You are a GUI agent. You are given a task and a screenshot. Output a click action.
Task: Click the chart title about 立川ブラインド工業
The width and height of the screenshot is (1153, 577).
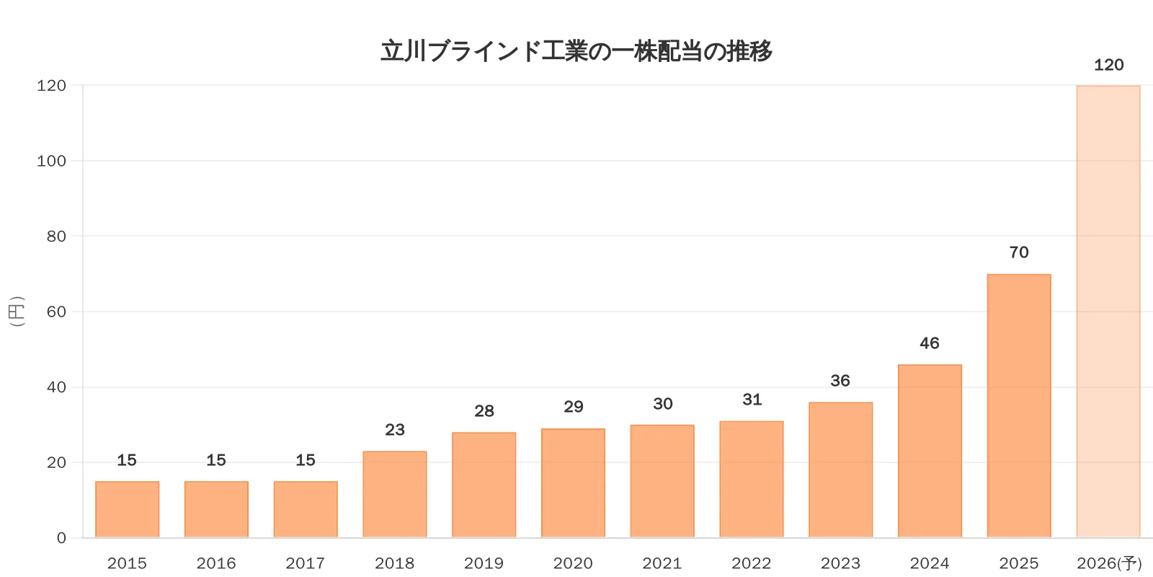576,51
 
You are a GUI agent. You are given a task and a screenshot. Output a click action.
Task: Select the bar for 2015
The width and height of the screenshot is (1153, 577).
127,509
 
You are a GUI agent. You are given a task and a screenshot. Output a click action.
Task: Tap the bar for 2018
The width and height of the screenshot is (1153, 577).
395,494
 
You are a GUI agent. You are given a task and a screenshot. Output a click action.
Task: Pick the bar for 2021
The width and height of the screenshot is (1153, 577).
662,481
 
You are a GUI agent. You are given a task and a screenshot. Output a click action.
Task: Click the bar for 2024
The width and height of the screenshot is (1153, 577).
930,451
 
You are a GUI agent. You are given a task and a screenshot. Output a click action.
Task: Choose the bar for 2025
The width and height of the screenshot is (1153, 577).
1019,405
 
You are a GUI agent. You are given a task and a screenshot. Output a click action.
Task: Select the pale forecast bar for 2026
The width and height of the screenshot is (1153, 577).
1108,312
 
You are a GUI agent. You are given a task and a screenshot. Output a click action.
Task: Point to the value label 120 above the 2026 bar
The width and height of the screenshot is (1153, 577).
1108,66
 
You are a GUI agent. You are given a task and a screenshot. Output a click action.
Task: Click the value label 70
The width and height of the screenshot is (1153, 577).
1019,252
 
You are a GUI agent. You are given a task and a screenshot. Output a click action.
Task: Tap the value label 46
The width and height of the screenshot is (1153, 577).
930,343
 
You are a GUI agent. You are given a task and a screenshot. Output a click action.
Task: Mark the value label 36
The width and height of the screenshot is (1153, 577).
840,381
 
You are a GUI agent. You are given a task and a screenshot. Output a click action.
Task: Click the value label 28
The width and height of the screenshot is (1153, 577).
484,411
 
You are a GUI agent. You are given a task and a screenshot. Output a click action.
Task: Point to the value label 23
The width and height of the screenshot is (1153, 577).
395,430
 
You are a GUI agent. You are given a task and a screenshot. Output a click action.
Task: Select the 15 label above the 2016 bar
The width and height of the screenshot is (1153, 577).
216,460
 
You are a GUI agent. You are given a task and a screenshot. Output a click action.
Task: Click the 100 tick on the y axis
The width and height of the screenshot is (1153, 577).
51,161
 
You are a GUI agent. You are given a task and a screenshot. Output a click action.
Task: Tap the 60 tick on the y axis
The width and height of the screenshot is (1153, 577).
56,312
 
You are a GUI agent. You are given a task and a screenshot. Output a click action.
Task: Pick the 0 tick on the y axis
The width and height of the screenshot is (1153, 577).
61,538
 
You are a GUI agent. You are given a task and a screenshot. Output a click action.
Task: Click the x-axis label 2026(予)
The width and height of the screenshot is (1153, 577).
1109,563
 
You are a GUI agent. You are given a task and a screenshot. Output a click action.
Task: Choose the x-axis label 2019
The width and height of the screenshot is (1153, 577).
484,563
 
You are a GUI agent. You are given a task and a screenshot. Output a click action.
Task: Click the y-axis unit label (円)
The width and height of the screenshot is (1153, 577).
17,312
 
